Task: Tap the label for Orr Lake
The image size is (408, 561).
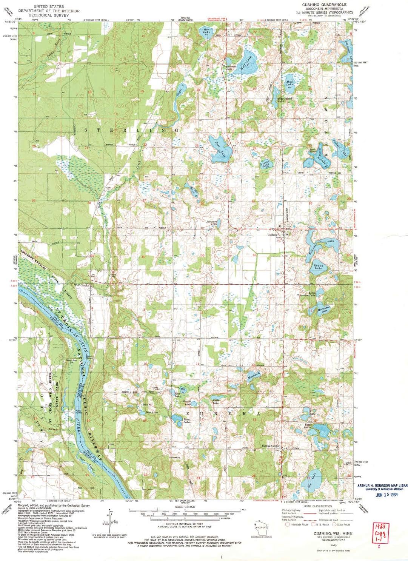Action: coord(206,31)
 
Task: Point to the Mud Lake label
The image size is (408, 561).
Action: coord(289,83)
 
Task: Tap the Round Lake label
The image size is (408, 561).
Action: coord(318,267)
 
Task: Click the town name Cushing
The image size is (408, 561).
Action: coord(272,234)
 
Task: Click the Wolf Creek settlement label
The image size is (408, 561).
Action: coord(81,285)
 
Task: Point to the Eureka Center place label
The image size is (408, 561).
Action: coord(271,446)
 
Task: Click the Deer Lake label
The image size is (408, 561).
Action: coord(151,412)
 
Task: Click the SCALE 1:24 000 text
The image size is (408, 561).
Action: coord(184,507)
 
